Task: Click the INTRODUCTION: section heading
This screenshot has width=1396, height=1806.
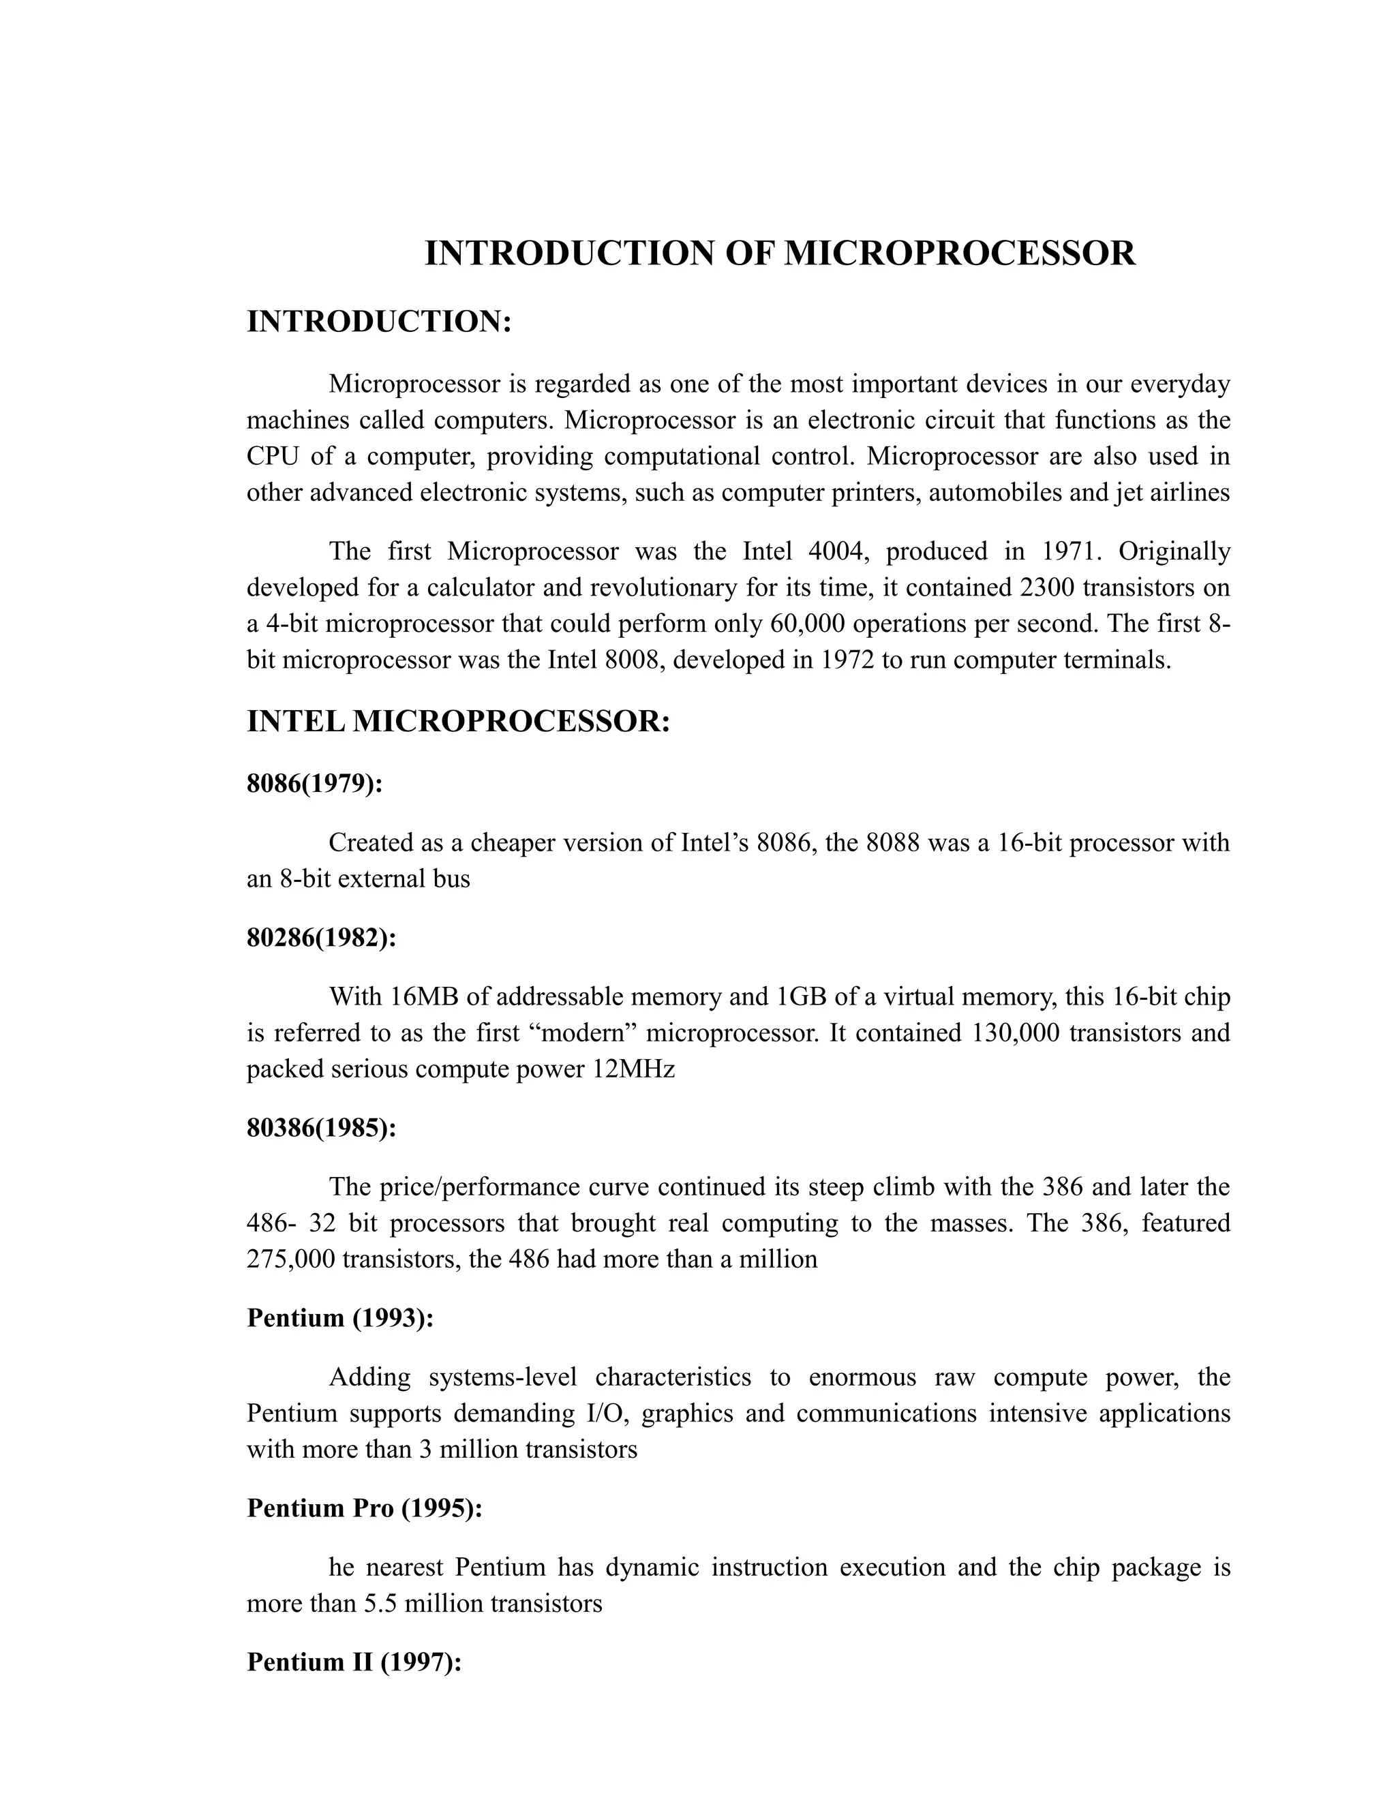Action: coord(380,322)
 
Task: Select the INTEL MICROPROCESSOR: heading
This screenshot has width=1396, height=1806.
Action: coord(457,721)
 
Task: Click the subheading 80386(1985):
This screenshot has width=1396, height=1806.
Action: coord(322,1128)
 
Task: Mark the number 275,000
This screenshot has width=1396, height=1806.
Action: coord(290,1259)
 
